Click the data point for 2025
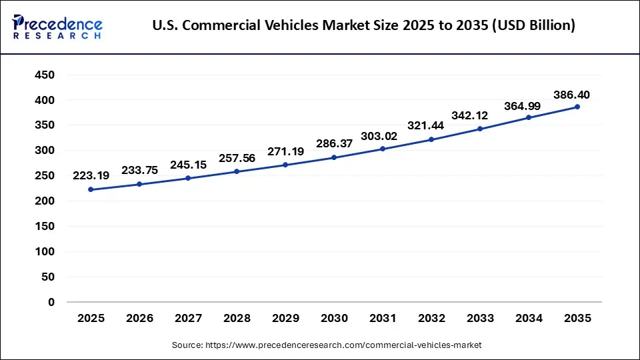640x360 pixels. (x=91, y=189)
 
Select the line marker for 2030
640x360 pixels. (x=334, y=157)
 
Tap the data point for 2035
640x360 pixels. (x=577, y=107)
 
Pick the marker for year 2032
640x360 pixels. (x=431, y=139)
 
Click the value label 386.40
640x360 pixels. (x=571, y=95)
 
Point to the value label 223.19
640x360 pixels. (x=91, y=176)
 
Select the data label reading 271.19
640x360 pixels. (x=285, y=151)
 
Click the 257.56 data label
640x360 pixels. (x=237, y=159)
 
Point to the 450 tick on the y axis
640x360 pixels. (x=45, y=75)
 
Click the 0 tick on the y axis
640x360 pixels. (x=51, y=302)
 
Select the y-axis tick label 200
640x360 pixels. (x=45, y=201)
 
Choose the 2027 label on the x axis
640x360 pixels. (x=188, y=319)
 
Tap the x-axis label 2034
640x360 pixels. (x=529, y=319)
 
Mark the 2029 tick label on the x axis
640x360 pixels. (x=285, y=319)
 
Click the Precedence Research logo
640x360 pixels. (x=57, y=26)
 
